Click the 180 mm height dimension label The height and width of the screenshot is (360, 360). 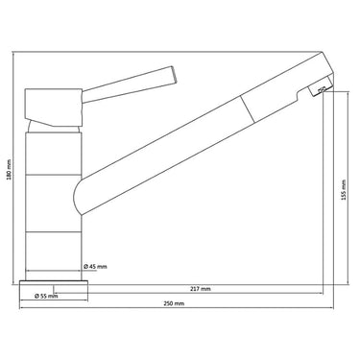[10, 170]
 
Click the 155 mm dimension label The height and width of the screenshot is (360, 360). [344, 189]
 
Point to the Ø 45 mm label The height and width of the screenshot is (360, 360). [95, 267]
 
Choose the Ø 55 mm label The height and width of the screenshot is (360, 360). [46, 296]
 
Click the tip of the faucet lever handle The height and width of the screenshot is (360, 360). [174, 75]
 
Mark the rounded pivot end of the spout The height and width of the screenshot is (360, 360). [77, 196]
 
